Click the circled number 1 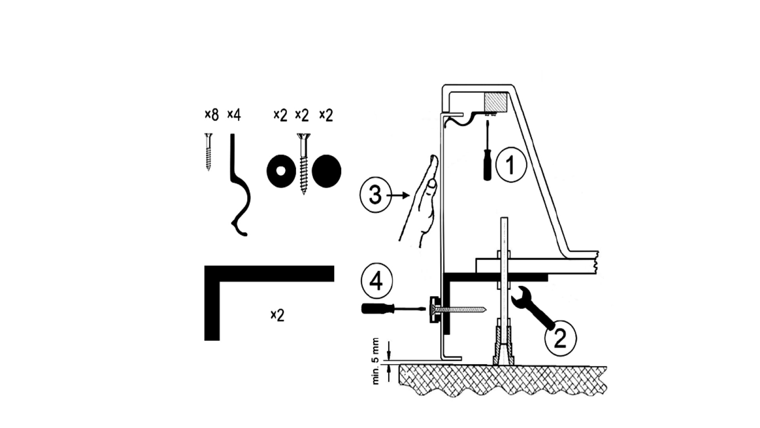pyautogui.click(x=511, y=164)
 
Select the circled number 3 pyautogui.click(x=375, y=195)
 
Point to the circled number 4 pyautogui.click(x=376, y=281)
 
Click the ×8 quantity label pyautogui.click(x=211, y=115)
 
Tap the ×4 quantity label pyautogui.click(x=234, y=115)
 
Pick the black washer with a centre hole pyautogui.click(x=281, y=171)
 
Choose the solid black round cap pyautogui.click(x=327, y=171)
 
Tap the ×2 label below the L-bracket pyautogui.click(x=277, y=315)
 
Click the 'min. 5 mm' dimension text pyautogui.click(x=376, y=361)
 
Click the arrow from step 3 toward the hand pyautogui.click(x=399, y=195)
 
